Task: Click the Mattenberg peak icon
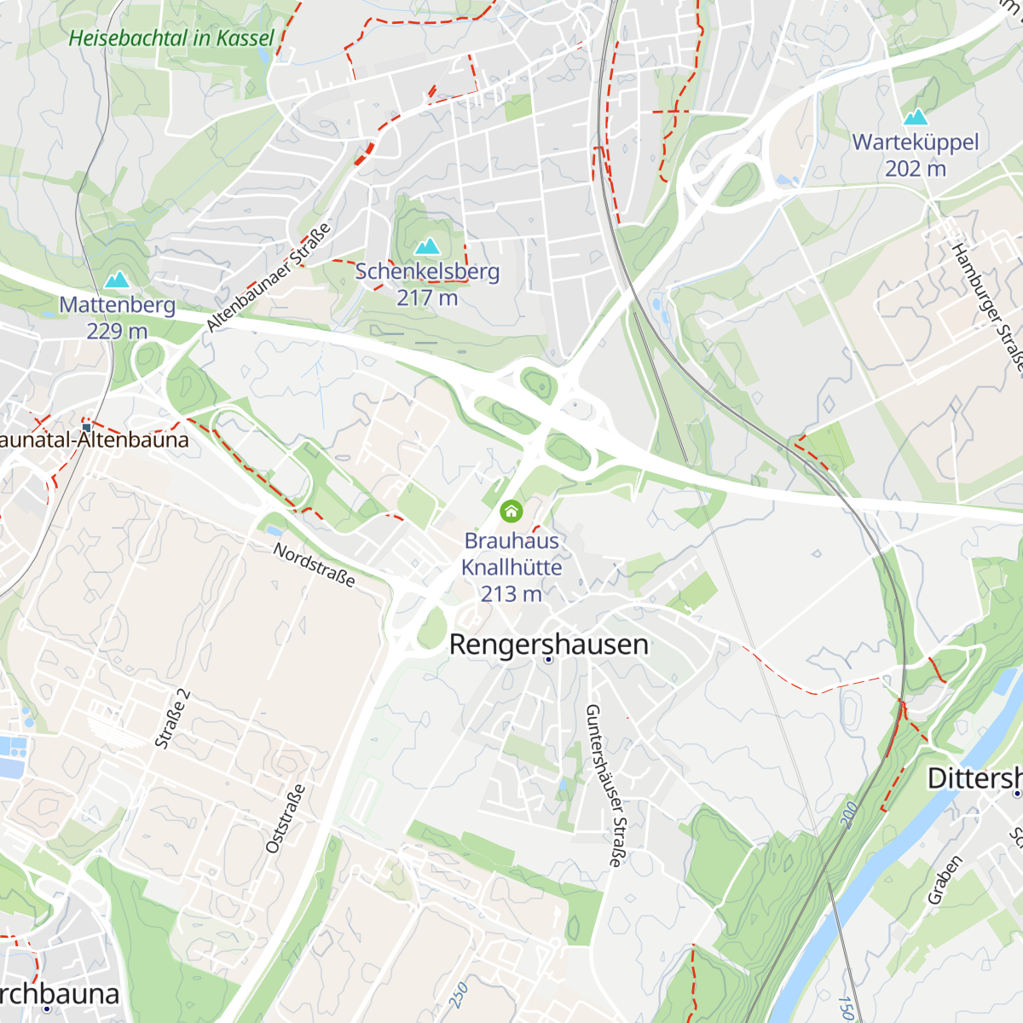tap(116, 280)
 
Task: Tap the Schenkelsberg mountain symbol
tap(426, 247)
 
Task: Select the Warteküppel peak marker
tap(916, 117)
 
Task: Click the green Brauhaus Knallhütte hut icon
tap(511, 511)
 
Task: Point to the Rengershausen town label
tap(548, 644)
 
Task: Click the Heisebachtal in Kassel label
tap(171, 38)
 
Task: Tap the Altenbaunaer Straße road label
tap(269, 278)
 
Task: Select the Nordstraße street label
tap(314, 564)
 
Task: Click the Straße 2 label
tap(172, 719)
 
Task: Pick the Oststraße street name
tap(286, 818)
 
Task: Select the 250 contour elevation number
tap(459, 994)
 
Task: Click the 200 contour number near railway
tap(848, 814)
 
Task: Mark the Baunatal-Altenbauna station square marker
tap(86, 426)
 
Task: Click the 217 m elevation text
tap(426, 298)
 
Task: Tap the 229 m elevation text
tap(117, 331)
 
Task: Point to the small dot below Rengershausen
tap(548, 660)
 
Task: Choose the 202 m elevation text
tap(916, 169)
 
